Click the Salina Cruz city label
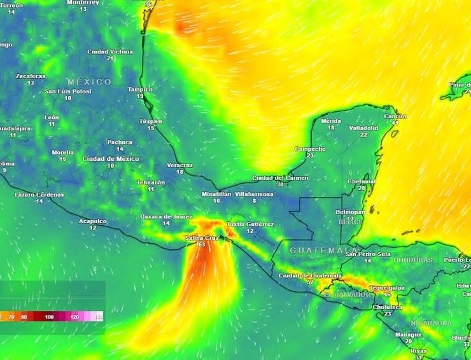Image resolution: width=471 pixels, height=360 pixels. [199, 238]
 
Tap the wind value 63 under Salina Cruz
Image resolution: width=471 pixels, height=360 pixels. [202, 245]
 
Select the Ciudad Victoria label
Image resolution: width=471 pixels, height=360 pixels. [110, 52]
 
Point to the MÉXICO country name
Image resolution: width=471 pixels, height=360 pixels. [89, 82]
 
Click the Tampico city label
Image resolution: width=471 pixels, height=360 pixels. [141, 90]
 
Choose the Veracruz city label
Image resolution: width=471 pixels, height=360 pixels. [179, 165]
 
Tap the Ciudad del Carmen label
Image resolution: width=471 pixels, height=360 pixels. [280, 178]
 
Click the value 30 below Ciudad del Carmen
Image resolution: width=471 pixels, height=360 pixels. [280, 184]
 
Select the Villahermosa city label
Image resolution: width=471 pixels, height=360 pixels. [254, 193]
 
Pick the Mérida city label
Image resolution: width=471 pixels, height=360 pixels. [331, 121]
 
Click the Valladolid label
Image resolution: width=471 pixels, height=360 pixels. [363, 128]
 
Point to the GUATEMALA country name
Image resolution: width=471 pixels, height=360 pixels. [323, 251]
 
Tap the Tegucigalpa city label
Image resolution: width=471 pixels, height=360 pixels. [387, 287]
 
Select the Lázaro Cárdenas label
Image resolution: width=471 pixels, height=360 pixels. [39, 195]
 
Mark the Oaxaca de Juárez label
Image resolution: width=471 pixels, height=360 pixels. [166, 217]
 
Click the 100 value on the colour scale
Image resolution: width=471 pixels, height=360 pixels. [50, 316]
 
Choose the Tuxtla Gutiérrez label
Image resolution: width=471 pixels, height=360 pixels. [250, 225]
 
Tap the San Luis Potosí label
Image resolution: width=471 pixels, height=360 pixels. [68, 92]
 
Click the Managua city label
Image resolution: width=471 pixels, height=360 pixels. [408, 335]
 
